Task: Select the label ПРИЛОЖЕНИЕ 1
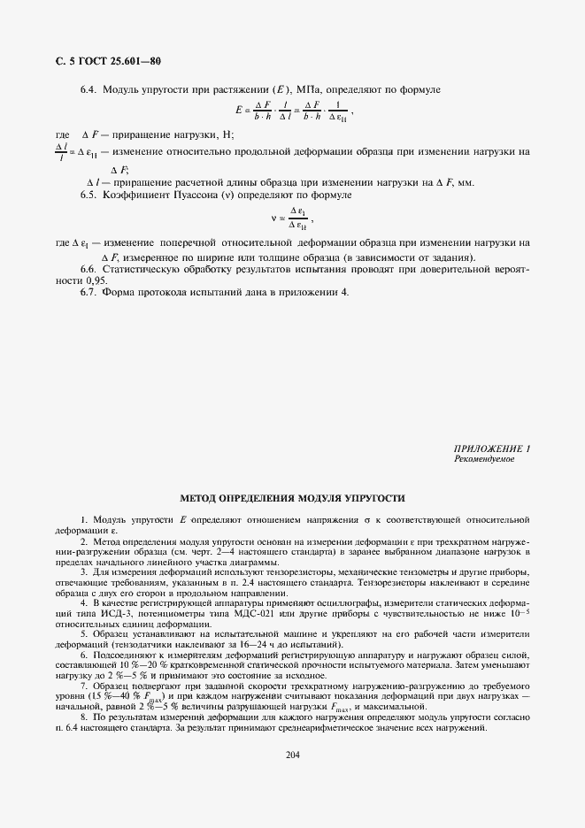(x=491, y=449)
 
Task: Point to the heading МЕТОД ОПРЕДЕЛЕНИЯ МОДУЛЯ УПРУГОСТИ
(x=292, y=498)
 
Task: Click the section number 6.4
(x=88, y=90)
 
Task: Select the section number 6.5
(x=88, y=194)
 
